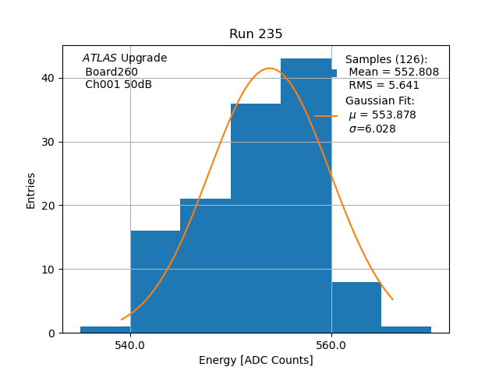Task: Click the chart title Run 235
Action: pos(256,34)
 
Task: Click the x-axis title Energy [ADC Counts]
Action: pos(256,360)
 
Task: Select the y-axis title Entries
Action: pos(31,190)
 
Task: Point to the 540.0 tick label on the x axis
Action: pos(130,344)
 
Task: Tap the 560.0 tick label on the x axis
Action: pos(331,344)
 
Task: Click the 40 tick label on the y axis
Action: pos(48,78)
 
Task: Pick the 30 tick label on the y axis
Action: pos(48,142)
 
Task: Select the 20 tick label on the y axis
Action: pos(48,206)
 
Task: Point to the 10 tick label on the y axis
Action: pos(48,270)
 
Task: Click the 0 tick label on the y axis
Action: pos(51,333)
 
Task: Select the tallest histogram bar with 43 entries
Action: pos(306,195)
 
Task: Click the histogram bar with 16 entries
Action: pos(155,281)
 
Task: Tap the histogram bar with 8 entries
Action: pos(356,307)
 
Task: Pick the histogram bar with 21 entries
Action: pos(205,266)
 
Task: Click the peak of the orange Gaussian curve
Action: pos(269,69)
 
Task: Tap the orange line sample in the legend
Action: pos(326,115)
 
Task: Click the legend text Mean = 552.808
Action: pos(394,72)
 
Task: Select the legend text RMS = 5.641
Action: pos(384,86)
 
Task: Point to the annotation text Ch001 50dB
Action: pos(119,85)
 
